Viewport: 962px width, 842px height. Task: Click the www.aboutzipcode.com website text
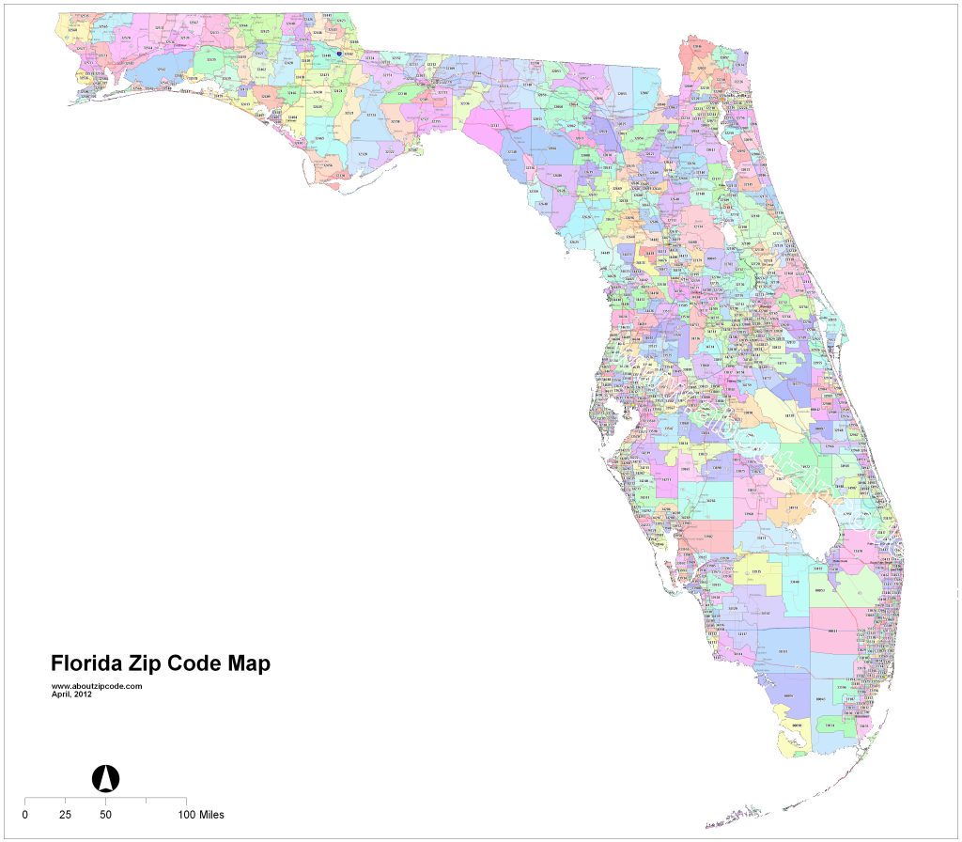(x=96, y=686)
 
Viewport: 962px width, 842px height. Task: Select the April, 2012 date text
(x=71, y=694)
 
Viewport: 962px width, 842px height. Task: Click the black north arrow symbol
(x=106, y=778)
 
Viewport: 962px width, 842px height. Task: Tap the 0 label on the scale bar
(x=24, y=814)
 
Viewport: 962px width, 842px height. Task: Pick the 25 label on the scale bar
(x=65, y=814)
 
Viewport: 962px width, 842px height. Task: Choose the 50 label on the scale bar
(x=106, y=814)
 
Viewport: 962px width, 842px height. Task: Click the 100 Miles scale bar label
(x=199, y=814)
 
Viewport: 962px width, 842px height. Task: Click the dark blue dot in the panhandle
(x=339, y=54)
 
